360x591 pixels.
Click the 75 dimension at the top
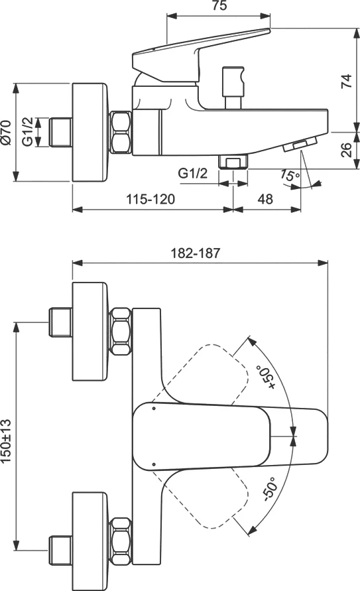click(219, 7)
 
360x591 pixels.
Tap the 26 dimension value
click(345, 150)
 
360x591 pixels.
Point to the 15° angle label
click(289, 176)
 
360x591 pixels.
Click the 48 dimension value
click(266, 199)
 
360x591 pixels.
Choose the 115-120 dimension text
click(152, 199)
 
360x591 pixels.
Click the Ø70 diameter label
click(7, 133)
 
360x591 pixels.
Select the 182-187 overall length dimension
click(196, 253)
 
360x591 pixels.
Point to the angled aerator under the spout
click(301, 144)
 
